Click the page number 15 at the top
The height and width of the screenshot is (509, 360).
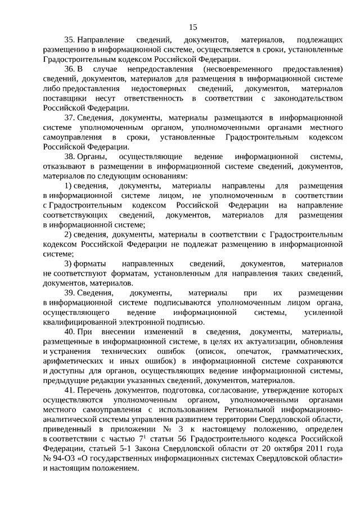tap(193, 27)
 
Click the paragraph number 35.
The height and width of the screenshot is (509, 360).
tap(69, 41)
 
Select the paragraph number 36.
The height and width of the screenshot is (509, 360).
tap(69, 69)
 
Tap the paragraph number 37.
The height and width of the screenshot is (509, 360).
tap(69, 117)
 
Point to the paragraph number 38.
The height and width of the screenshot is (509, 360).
tap(69, 156)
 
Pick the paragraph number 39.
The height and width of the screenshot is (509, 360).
tap(69, 293)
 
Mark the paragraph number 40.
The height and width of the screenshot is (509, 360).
tap(69, 332)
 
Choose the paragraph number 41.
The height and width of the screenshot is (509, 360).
tap(69, 390)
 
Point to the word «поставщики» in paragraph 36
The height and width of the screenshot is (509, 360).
tap(61, 98)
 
